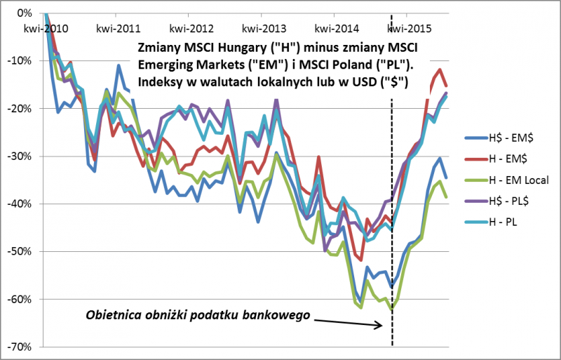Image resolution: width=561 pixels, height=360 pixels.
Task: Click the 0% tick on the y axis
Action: pyautogui.click(x=25, y=13)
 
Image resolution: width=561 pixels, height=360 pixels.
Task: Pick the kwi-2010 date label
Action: pyautogui.click(x=45, y=29)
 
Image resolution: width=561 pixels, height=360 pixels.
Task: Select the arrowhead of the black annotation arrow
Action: pyautogui.click(x=381, y=325)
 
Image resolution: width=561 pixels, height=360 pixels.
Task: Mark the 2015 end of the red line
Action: pyautogui.click(x=447, y=85)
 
